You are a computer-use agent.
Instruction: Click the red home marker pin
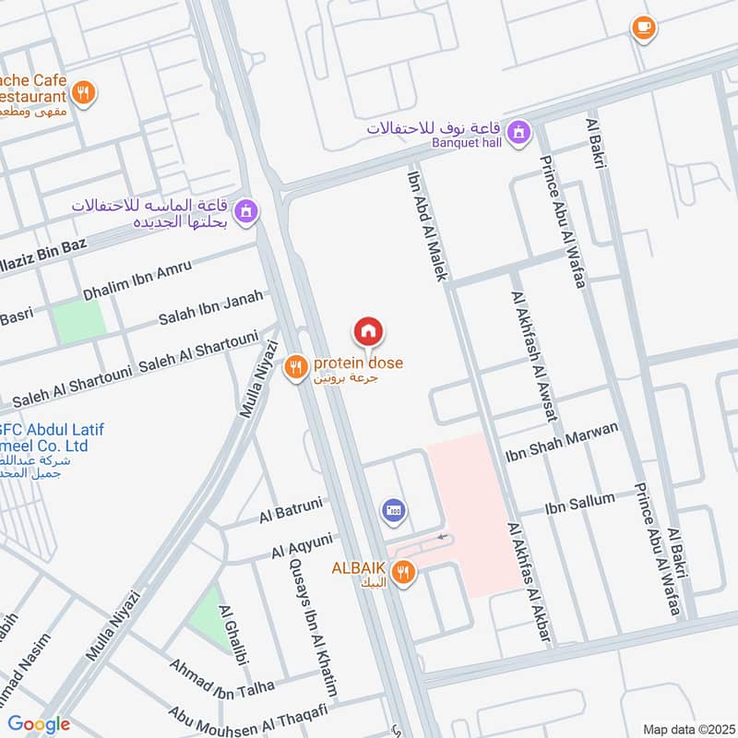coord(368,331)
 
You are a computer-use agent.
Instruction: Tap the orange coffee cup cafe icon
coord(644,28)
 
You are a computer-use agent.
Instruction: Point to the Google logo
coord(39,724)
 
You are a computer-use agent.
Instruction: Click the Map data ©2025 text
coord(687,729)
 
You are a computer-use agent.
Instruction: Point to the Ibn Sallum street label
coord(579,501)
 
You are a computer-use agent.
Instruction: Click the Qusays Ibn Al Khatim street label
coord(314,627)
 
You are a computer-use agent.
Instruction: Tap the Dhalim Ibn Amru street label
coord(137,280)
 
